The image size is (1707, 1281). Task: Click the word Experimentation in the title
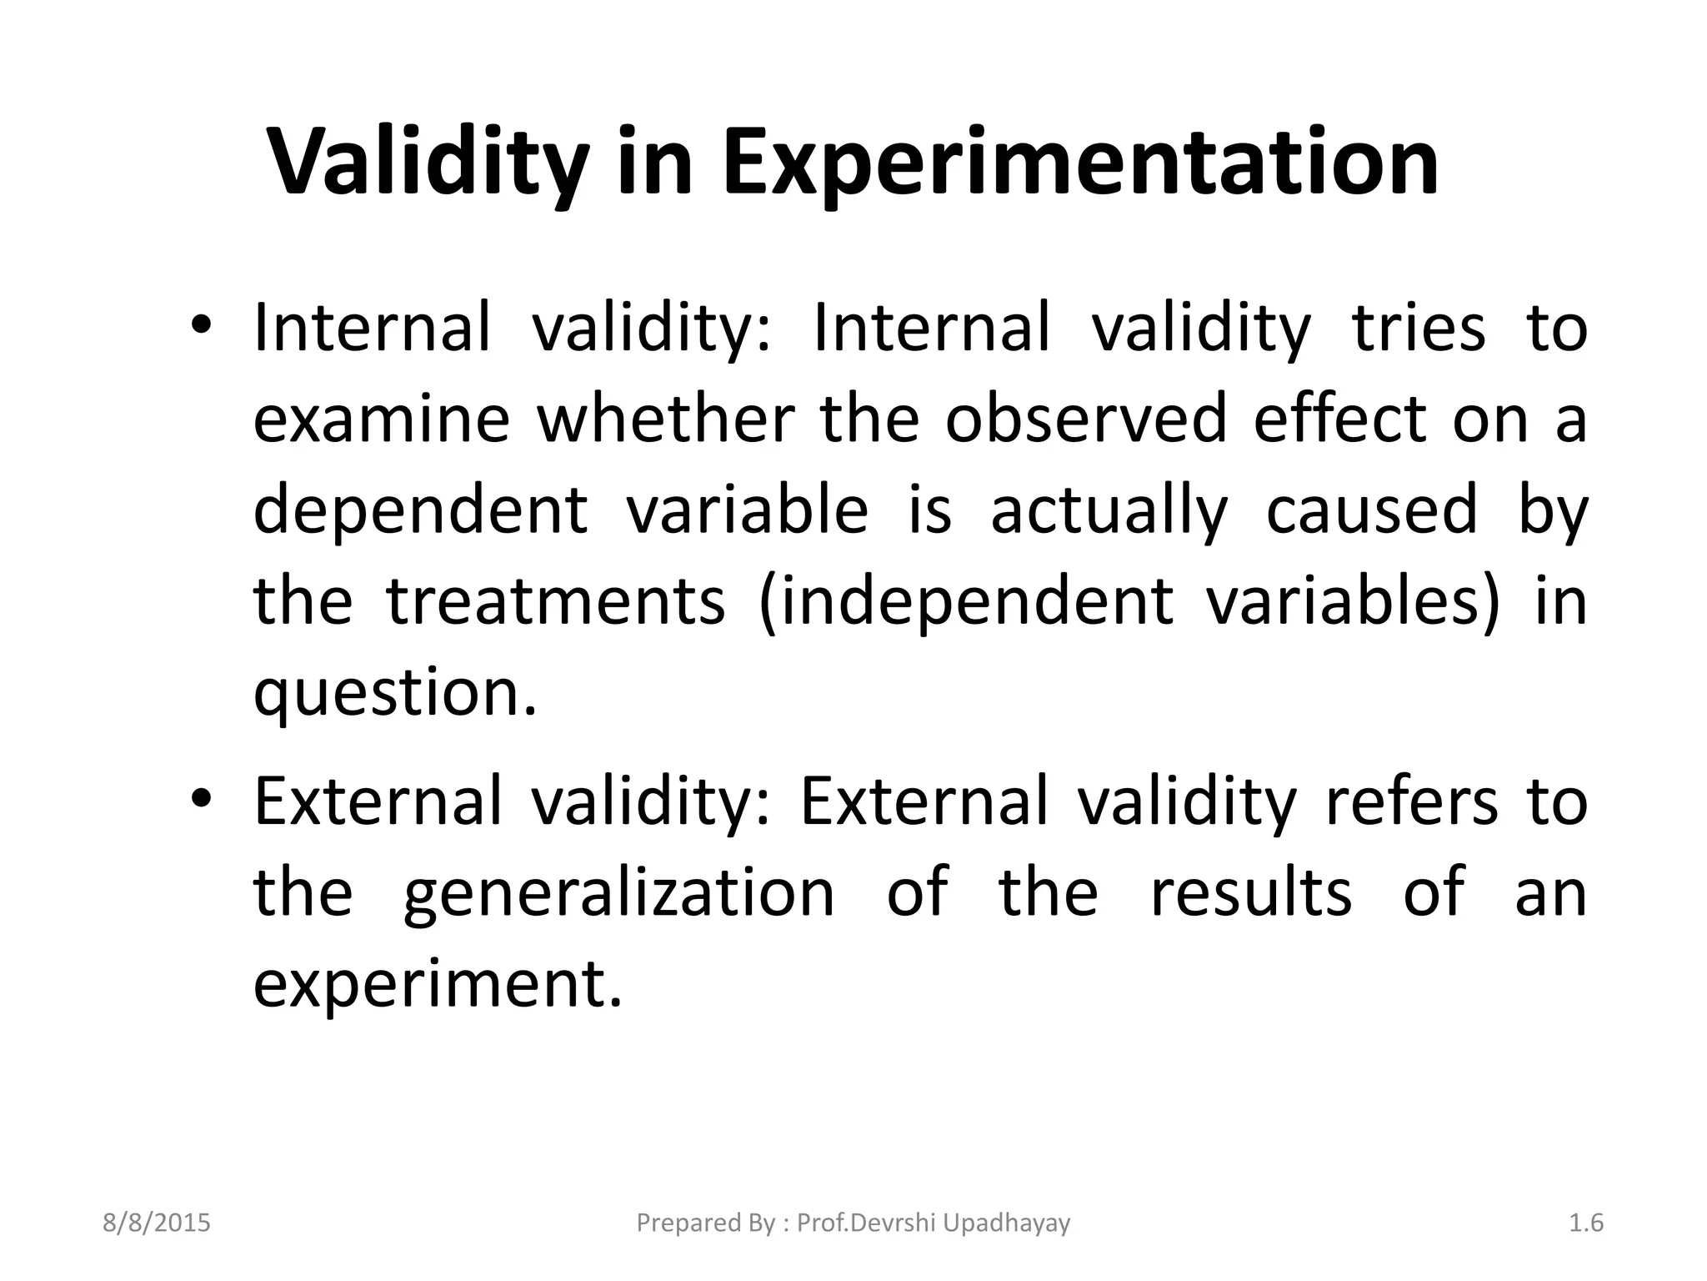click(1080, 163)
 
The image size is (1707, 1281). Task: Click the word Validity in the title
click(428, 163)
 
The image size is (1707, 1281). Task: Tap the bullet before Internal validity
click(203, 327)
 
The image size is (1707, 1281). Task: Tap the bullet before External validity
click(203, 800)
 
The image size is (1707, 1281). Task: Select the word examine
click(381, 419)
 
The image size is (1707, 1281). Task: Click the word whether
click(665, 419)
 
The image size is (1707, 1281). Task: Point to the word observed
click(1086, 419)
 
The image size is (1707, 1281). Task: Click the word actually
click(1109, 510)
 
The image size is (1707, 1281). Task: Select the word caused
click(1372, 510)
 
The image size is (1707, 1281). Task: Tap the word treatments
click(556, 602)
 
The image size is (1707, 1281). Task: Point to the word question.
click(395, 694)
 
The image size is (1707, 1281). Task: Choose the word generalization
click(618, 892)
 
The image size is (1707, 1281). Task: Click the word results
click(1251, 892)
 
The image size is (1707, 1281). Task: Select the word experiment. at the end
click(438, 984)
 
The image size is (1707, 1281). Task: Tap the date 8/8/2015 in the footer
click(157, 1223)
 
